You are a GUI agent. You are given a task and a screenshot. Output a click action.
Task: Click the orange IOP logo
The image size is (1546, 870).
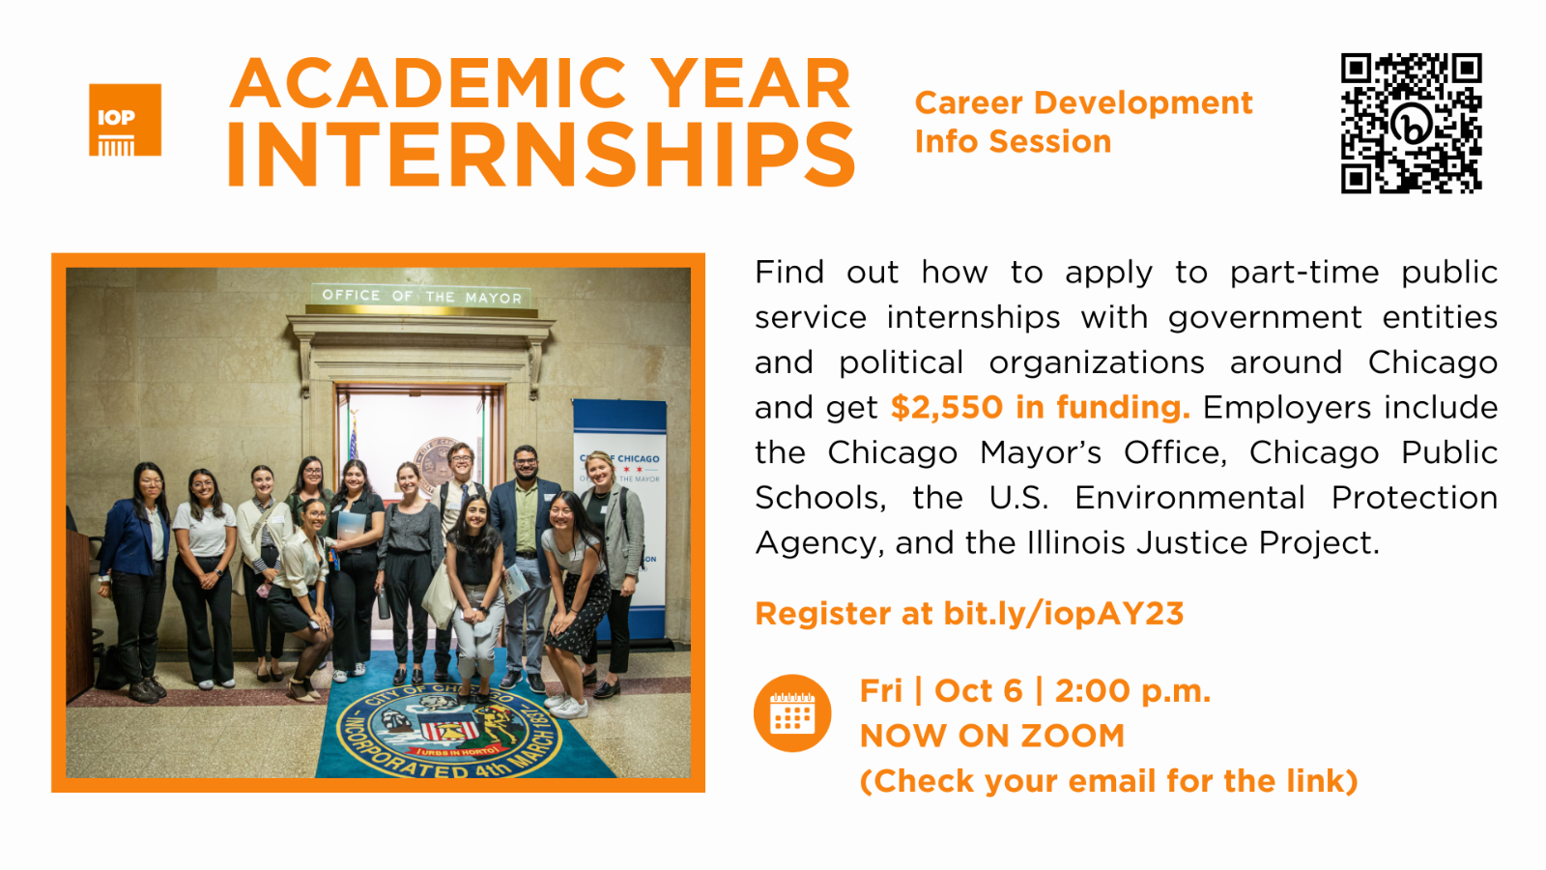point(125,120)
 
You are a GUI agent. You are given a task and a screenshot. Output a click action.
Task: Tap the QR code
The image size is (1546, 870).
point(1412,123)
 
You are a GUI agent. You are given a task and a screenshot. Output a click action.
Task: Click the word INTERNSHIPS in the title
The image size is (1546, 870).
point(542,155)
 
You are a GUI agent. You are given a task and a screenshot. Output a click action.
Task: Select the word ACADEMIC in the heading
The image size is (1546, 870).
point(428,83)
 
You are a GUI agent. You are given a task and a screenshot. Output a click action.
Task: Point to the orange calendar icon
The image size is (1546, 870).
point(792,712)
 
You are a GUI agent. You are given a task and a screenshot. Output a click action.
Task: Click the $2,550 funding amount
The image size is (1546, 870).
point(946,407)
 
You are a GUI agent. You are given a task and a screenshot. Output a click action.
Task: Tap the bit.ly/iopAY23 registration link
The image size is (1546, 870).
point(1064,614)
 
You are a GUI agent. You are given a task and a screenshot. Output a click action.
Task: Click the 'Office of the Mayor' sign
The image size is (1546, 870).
point(421,296)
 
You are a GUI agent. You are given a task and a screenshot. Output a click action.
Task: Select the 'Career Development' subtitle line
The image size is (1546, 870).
point(1083,103)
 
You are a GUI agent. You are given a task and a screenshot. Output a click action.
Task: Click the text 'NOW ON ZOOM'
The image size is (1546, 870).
point(992,736)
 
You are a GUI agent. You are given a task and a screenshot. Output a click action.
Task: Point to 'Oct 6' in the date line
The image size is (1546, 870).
point(978,691)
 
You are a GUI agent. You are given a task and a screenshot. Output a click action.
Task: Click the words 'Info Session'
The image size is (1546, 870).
point(1014,141)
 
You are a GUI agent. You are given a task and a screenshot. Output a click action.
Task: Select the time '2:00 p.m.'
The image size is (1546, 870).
point(1132,691)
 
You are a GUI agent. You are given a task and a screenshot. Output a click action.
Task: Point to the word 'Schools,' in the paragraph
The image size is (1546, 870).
point(820,498)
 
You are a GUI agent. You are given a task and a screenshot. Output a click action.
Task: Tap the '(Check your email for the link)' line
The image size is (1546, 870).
point(1109,782)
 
